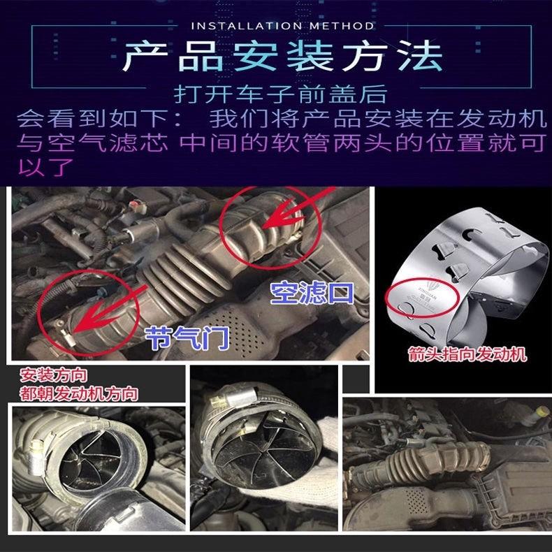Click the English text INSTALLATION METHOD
click(282, 26)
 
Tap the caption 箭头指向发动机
click(467, 356)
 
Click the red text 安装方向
click(50, 377)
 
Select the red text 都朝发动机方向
click(78, 394)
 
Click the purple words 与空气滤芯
click(91, 143)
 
